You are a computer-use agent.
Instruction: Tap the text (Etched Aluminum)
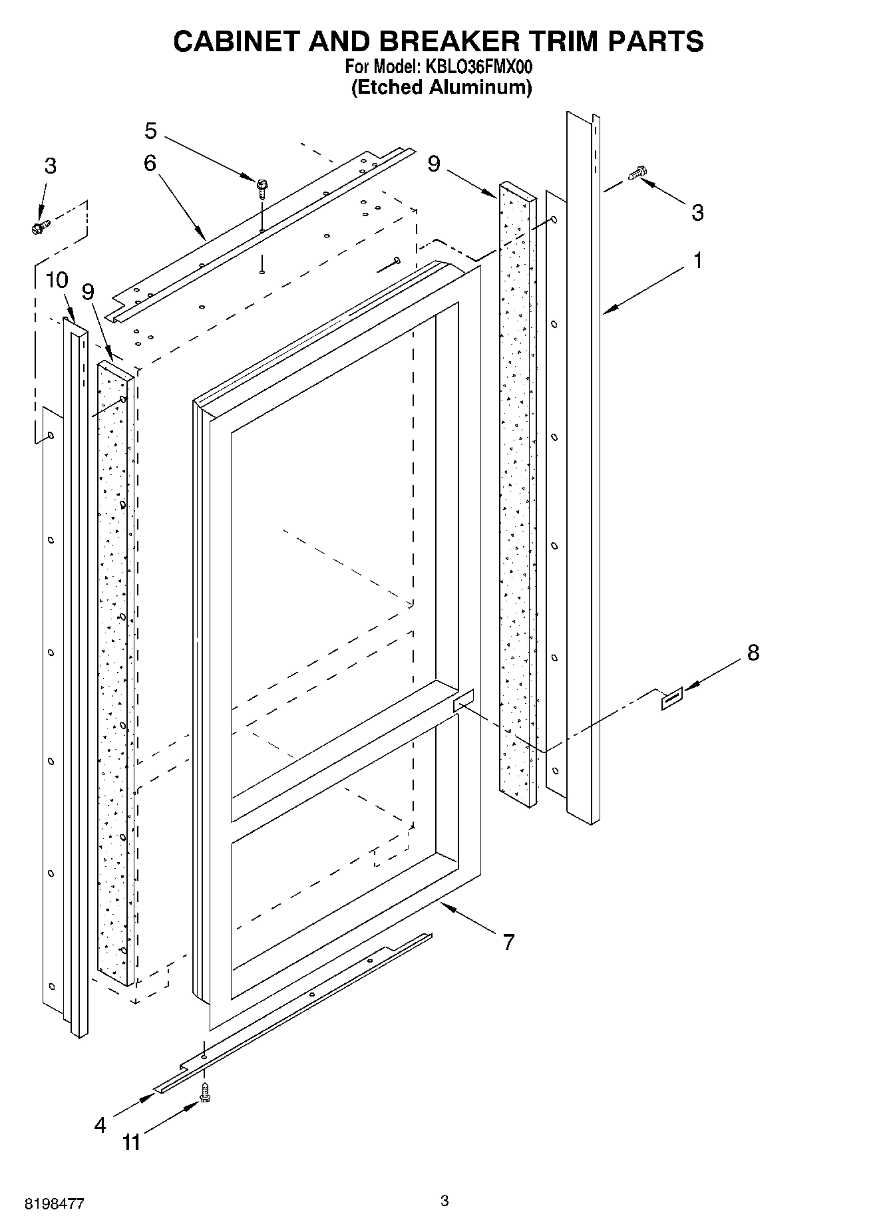coord(441,87)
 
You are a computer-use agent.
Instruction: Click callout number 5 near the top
coord(151,131)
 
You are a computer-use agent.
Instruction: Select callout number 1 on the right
coord(697,261)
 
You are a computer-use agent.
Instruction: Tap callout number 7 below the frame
coord(508,941)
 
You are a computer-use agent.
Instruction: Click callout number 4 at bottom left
coord(100,1125)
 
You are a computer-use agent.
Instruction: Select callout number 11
coord(132,1143)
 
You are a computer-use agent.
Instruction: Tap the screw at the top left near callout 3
coord(38,228)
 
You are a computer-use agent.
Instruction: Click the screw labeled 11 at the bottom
coord(204,1093)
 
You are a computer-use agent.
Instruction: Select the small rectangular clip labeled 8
coord(671,700)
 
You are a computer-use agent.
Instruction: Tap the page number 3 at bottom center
coord(445,1201)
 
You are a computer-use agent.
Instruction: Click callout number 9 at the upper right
coord(434,164)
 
